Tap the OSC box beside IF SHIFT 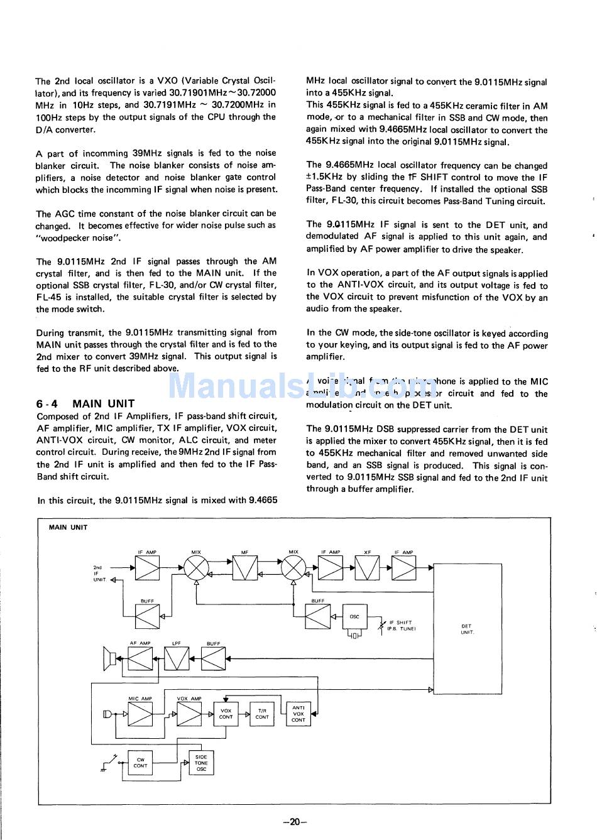tap(354, 617)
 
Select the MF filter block tap(245, 569)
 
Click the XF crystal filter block tap(368, 569)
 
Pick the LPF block tap(177, 658)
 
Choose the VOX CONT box tap(226, 714)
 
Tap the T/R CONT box tap(262, 714)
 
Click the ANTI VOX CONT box tap(298, 713)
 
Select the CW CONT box tap(141, 763)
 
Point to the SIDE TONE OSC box tap(201, 763)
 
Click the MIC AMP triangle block tap(140, 714)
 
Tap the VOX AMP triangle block tap(189, 714)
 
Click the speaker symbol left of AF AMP tap(108, 658)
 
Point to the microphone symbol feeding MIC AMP tap(107, 714)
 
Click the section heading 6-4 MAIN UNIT tap(85, 404)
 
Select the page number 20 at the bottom tap(295, 821)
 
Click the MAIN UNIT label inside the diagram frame tap(68, 528)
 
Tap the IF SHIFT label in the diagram tap(401, 622)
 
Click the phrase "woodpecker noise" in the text tap(77, 238)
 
